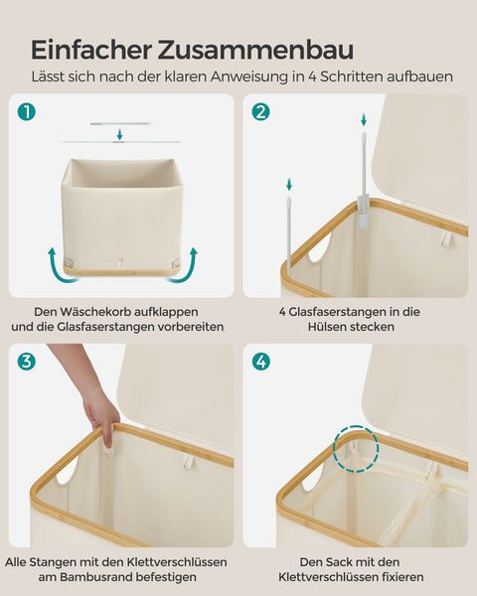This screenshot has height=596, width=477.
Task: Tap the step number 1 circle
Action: [x=26, y=112]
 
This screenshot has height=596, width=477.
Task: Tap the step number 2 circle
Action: [x=260, y=112]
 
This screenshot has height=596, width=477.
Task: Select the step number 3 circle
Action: [x=26, y=362]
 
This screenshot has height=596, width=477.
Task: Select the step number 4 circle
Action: [x=260, y=362]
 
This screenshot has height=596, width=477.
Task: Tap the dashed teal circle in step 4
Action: [x=357, y=449]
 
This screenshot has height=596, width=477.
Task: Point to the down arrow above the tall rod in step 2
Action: [x=362, y=119]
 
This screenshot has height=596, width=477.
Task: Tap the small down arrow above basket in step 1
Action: [x=119, y=134]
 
